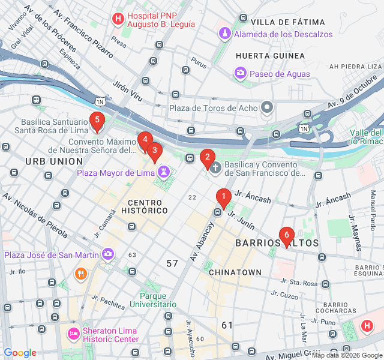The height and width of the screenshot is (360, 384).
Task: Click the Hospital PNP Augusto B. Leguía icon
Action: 118,19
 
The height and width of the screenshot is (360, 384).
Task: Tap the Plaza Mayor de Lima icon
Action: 161,173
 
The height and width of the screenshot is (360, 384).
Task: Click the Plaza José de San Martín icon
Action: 108,254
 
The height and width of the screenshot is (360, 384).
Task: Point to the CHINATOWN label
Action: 235,272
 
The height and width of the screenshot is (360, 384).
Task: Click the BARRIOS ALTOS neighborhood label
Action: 277,243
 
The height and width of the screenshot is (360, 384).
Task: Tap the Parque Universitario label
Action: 161,300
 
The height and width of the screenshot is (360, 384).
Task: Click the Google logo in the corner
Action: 20,352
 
